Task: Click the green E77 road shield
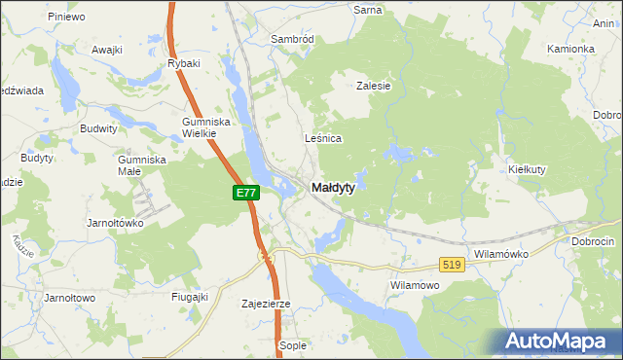pyautogui.click(x=245, y=194)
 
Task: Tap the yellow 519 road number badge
pyautogui.click(x=450, y=264)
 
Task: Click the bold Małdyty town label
pyautogui.click(x=333, y=187)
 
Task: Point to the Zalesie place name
pyautogui.click(x=373, y=86)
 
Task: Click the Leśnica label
pyautogui.click(x=323, y=138)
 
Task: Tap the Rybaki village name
pyautogui.click(x=183, y=63)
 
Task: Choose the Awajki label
pyautogui.click(x=106, y=50)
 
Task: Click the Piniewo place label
pyautogui.click(x=65, y=17)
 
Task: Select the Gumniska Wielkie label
pyautogui.click(x=204, y=127)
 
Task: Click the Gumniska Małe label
pyautogui.click(x=142, y=164)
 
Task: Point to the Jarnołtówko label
pyautogui.click(x=115, y=222)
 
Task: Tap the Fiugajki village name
pyautogui.click(x=190, y=297)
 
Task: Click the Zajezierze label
pyautogui.click(x=266, y=304)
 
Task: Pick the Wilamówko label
pyautogui.click(x=500, y=253)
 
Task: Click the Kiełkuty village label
pyautogui.click(x=531, y=168)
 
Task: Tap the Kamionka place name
pyautogui.click(x=570, y=49)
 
